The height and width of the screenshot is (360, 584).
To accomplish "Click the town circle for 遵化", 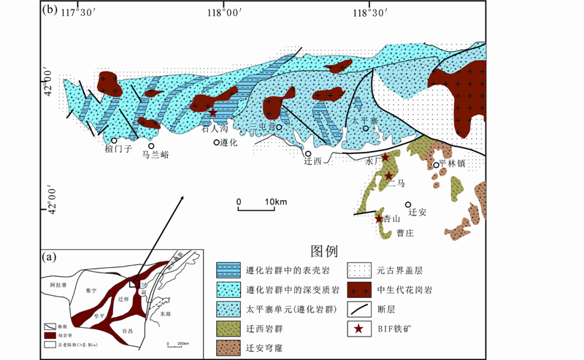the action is pos(216,142).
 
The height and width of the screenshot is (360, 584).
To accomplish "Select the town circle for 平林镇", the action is pos(437,165).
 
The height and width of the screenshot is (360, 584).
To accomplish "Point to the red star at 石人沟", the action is pos(212,112).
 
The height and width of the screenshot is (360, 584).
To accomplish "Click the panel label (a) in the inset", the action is pos(50,256).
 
